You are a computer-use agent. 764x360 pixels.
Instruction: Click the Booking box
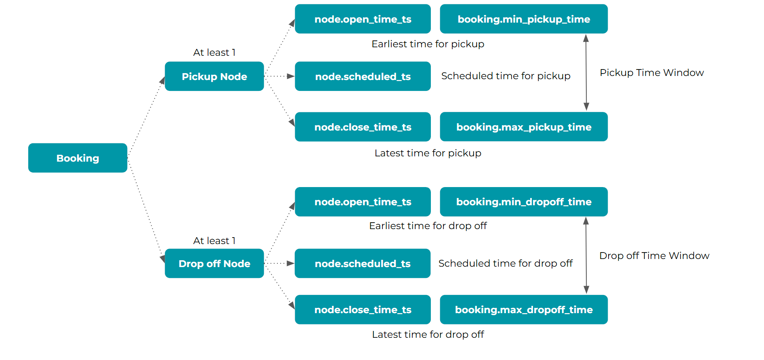click(78, 158)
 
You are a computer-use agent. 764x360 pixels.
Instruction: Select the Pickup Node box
click(214, 76)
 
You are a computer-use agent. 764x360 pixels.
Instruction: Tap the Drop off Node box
click(214, 263)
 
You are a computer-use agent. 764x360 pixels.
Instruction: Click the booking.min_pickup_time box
click(524, 19)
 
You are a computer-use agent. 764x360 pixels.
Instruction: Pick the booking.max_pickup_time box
click(524, 127)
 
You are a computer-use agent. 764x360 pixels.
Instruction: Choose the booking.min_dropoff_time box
click(524, 202)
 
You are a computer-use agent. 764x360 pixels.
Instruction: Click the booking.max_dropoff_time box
click(524, 309)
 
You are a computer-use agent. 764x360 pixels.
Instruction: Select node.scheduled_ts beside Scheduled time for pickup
click(363, 76)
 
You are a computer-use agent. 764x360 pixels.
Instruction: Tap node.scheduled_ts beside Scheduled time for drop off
click(363, 263)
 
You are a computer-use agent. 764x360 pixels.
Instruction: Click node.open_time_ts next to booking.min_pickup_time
click(363, 19)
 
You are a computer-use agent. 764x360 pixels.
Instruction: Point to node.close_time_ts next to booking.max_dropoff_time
click(363, 309)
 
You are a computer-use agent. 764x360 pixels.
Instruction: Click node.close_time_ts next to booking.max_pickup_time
click(363, 127)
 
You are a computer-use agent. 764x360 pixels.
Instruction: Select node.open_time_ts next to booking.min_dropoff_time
click(363, 202)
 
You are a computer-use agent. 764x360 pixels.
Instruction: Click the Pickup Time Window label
click(652, 73)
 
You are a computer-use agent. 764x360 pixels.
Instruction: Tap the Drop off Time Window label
click(654, 256)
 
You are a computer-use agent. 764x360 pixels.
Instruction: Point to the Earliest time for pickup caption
click(428, 44)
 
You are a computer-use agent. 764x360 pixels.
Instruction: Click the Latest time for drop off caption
click(428, 335)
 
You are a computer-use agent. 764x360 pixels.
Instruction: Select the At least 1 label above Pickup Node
click(214, 53)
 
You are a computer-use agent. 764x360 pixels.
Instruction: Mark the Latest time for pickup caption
click(428, 153)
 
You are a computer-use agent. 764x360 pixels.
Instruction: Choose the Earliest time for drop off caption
click(428, 226)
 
